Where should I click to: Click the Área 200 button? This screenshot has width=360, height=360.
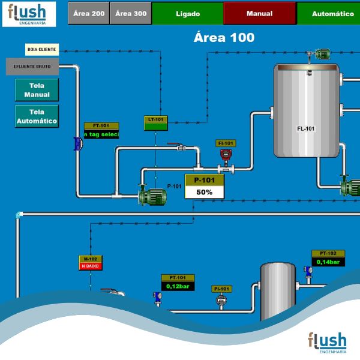coord(88,13)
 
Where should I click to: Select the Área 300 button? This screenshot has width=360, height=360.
coord(131,13)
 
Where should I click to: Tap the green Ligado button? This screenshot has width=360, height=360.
coord(188,13)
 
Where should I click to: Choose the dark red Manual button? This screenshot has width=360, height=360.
coord(259,13)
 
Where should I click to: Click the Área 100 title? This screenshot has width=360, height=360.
coord(224,37)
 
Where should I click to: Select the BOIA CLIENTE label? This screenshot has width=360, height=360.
coord(42,49)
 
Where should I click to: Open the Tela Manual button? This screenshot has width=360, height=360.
coord(37,90)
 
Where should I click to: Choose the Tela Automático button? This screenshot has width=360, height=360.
coord(37,116)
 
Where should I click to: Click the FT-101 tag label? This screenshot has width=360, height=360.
coord(101,126)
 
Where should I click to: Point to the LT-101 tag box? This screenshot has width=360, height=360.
coord(156,119)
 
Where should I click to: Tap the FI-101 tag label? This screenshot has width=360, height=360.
coord(226,143)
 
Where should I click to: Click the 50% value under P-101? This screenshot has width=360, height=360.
coord(205,192)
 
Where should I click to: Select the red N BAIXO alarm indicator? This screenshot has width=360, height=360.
coord(90,266)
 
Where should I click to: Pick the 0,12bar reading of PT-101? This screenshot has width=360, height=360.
coord(178,286)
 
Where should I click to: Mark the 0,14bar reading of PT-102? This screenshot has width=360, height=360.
coord(328,262)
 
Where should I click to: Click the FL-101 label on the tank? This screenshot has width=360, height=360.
coord(306,128)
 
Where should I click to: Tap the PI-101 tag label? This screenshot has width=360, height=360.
coord(222,289)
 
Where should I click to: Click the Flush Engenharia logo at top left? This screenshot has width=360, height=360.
coord(28,14)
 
